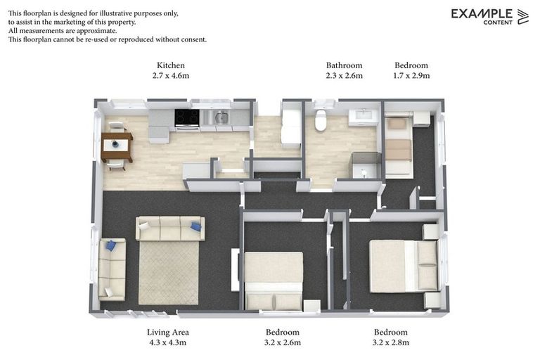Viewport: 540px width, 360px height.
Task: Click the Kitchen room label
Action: (x=171, y=65)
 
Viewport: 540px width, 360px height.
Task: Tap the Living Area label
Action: (x=167, y=332)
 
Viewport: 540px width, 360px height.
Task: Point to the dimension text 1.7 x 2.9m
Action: (x=411, y=76)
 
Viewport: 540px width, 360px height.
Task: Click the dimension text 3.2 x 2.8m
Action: (x=391, y=342)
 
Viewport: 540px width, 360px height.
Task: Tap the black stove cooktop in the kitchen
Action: (x=186, y=117)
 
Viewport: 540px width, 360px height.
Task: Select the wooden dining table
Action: (x=117, y=146)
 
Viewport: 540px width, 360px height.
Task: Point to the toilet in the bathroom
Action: (x=321, y=120)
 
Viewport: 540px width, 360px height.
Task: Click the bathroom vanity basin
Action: (x=364, y=116)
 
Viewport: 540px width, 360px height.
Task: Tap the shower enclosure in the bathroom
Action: (x=364, y=166)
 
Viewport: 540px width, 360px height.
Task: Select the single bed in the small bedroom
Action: (x=398, y=146)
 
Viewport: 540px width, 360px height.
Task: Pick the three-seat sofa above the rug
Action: (x=170, y=229)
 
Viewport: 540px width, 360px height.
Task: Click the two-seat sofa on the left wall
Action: (x=112, y=268)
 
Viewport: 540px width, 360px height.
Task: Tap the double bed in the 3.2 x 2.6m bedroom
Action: (x=274, y=280)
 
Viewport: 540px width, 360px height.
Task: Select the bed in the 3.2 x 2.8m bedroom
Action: (x=404, y=266)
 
